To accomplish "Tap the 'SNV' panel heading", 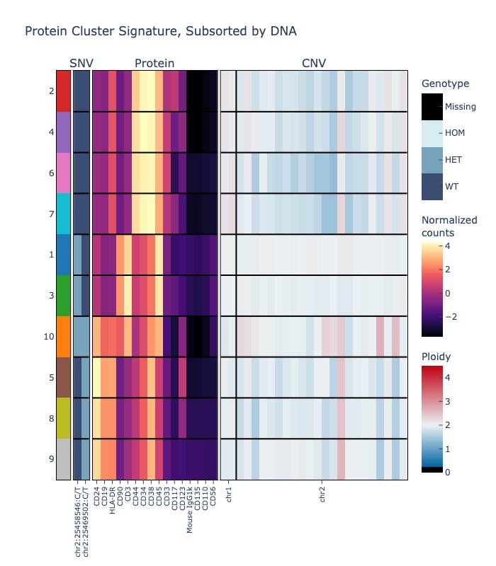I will (x=81, y=64).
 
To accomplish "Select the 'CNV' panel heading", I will (x=314, y=64).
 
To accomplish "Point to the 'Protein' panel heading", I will (x=154, y=64).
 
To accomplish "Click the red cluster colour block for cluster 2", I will (x=63, y=91).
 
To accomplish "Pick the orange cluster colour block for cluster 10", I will (x=63, y=336).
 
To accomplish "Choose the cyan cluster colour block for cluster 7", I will (x=63, y=214).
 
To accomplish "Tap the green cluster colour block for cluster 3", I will (x=63, y=295).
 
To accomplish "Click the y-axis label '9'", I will (x=51, y=459).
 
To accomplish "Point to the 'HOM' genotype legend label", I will (x=454, y=133).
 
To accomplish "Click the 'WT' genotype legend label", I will (x=451, y=186).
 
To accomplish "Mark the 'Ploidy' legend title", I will (x=436, y=356).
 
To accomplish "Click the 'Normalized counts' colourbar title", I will (x=449, y=226).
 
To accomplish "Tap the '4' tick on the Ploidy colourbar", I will (x=446, y=377).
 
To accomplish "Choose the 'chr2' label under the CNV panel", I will (x=322, y=494).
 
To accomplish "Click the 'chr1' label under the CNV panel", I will (x=229, y=494).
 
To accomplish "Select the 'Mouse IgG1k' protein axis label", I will (x=190, y=509).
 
